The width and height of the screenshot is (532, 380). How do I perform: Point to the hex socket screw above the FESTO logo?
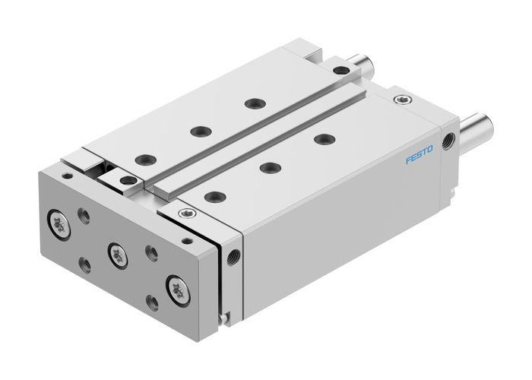click(401, 98)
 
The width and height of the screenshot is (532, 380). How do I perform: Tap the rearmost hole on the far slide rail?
click(250, 103)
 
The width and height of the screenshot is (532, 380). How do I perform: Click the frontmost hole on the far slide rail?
click(142, 160)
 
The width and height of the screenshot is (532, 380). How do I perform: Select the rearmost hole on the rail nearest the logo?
click(325, 138)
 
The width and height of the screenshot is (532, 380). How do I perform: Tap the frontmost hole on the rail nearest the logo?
click(215, 196)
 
